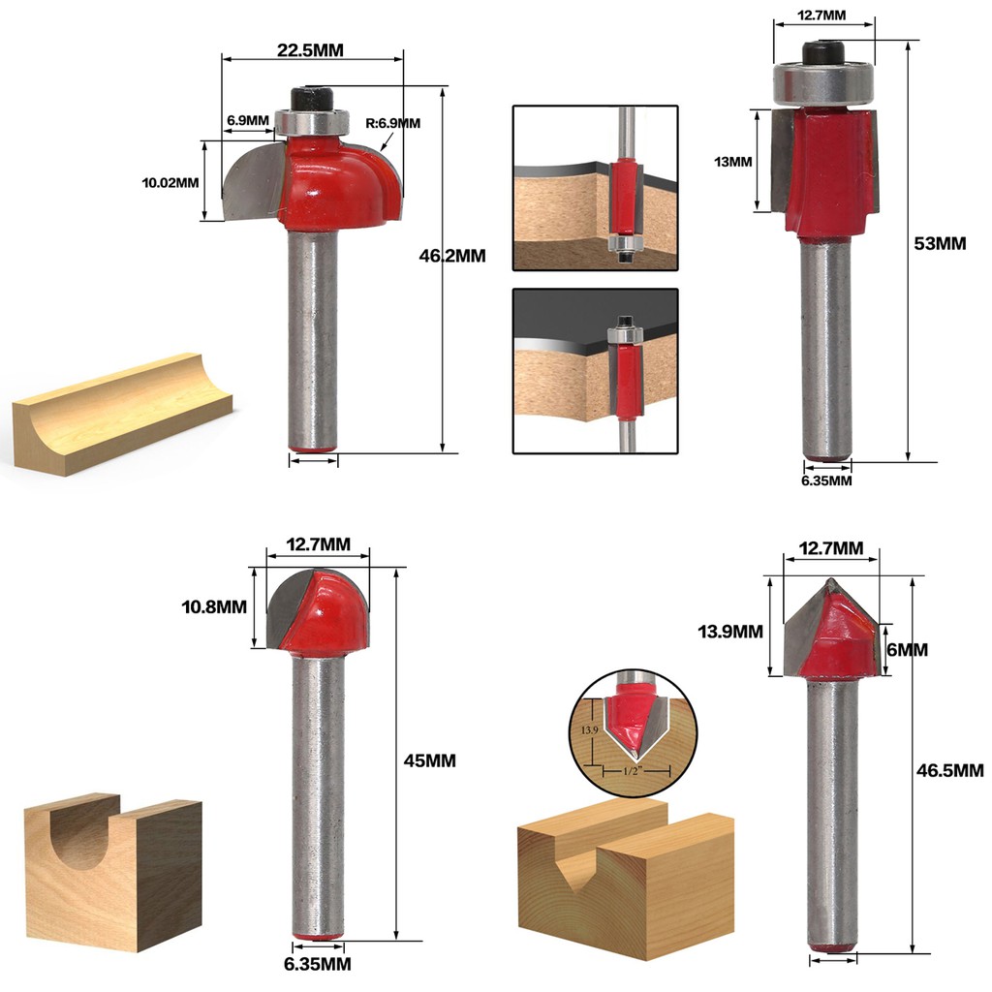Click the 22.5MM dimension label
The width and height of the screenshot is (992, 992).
click(x=310, y=50)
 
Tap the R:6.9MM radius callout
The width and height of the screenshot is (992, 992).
click(x=393, y=123)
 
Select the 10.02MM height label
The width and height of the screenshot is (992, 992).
click(x=170, y=183)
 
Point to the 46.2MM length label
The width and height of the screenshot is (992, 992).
click(x=452, y=256)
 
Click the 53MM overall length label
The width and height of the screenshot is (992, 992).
click(x=940, y=243)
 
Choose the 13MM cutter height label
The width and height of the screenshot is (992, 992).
click(x=733, y=162)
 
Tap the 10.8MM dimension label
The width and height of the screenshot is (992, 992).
click(x=214, y=606)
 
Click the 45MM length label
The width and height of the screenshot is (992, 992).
click(x=429, y=760)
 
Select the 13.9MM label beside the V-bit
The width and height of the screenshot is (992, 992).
click(x=730, y=632)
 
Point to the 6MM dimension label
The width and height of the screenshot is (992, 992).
click(x=907, y=650)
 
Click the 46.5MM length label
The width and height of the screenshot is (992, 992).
click(x=950, y=770)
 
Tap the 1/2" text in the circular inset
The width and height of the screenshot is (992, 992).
click(x=633, y=770)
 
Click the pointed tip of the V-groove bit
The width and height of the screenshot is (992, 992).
click(x=830, y=579)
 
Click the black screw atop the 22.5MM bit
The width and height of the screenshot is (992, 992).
click(x=312, y=100)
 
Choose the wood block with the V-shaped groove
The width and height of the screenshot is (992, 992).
click(x=626, y=878)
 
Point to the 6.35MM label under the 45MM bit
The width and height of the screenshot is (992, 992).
click(x=318, y=964)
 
